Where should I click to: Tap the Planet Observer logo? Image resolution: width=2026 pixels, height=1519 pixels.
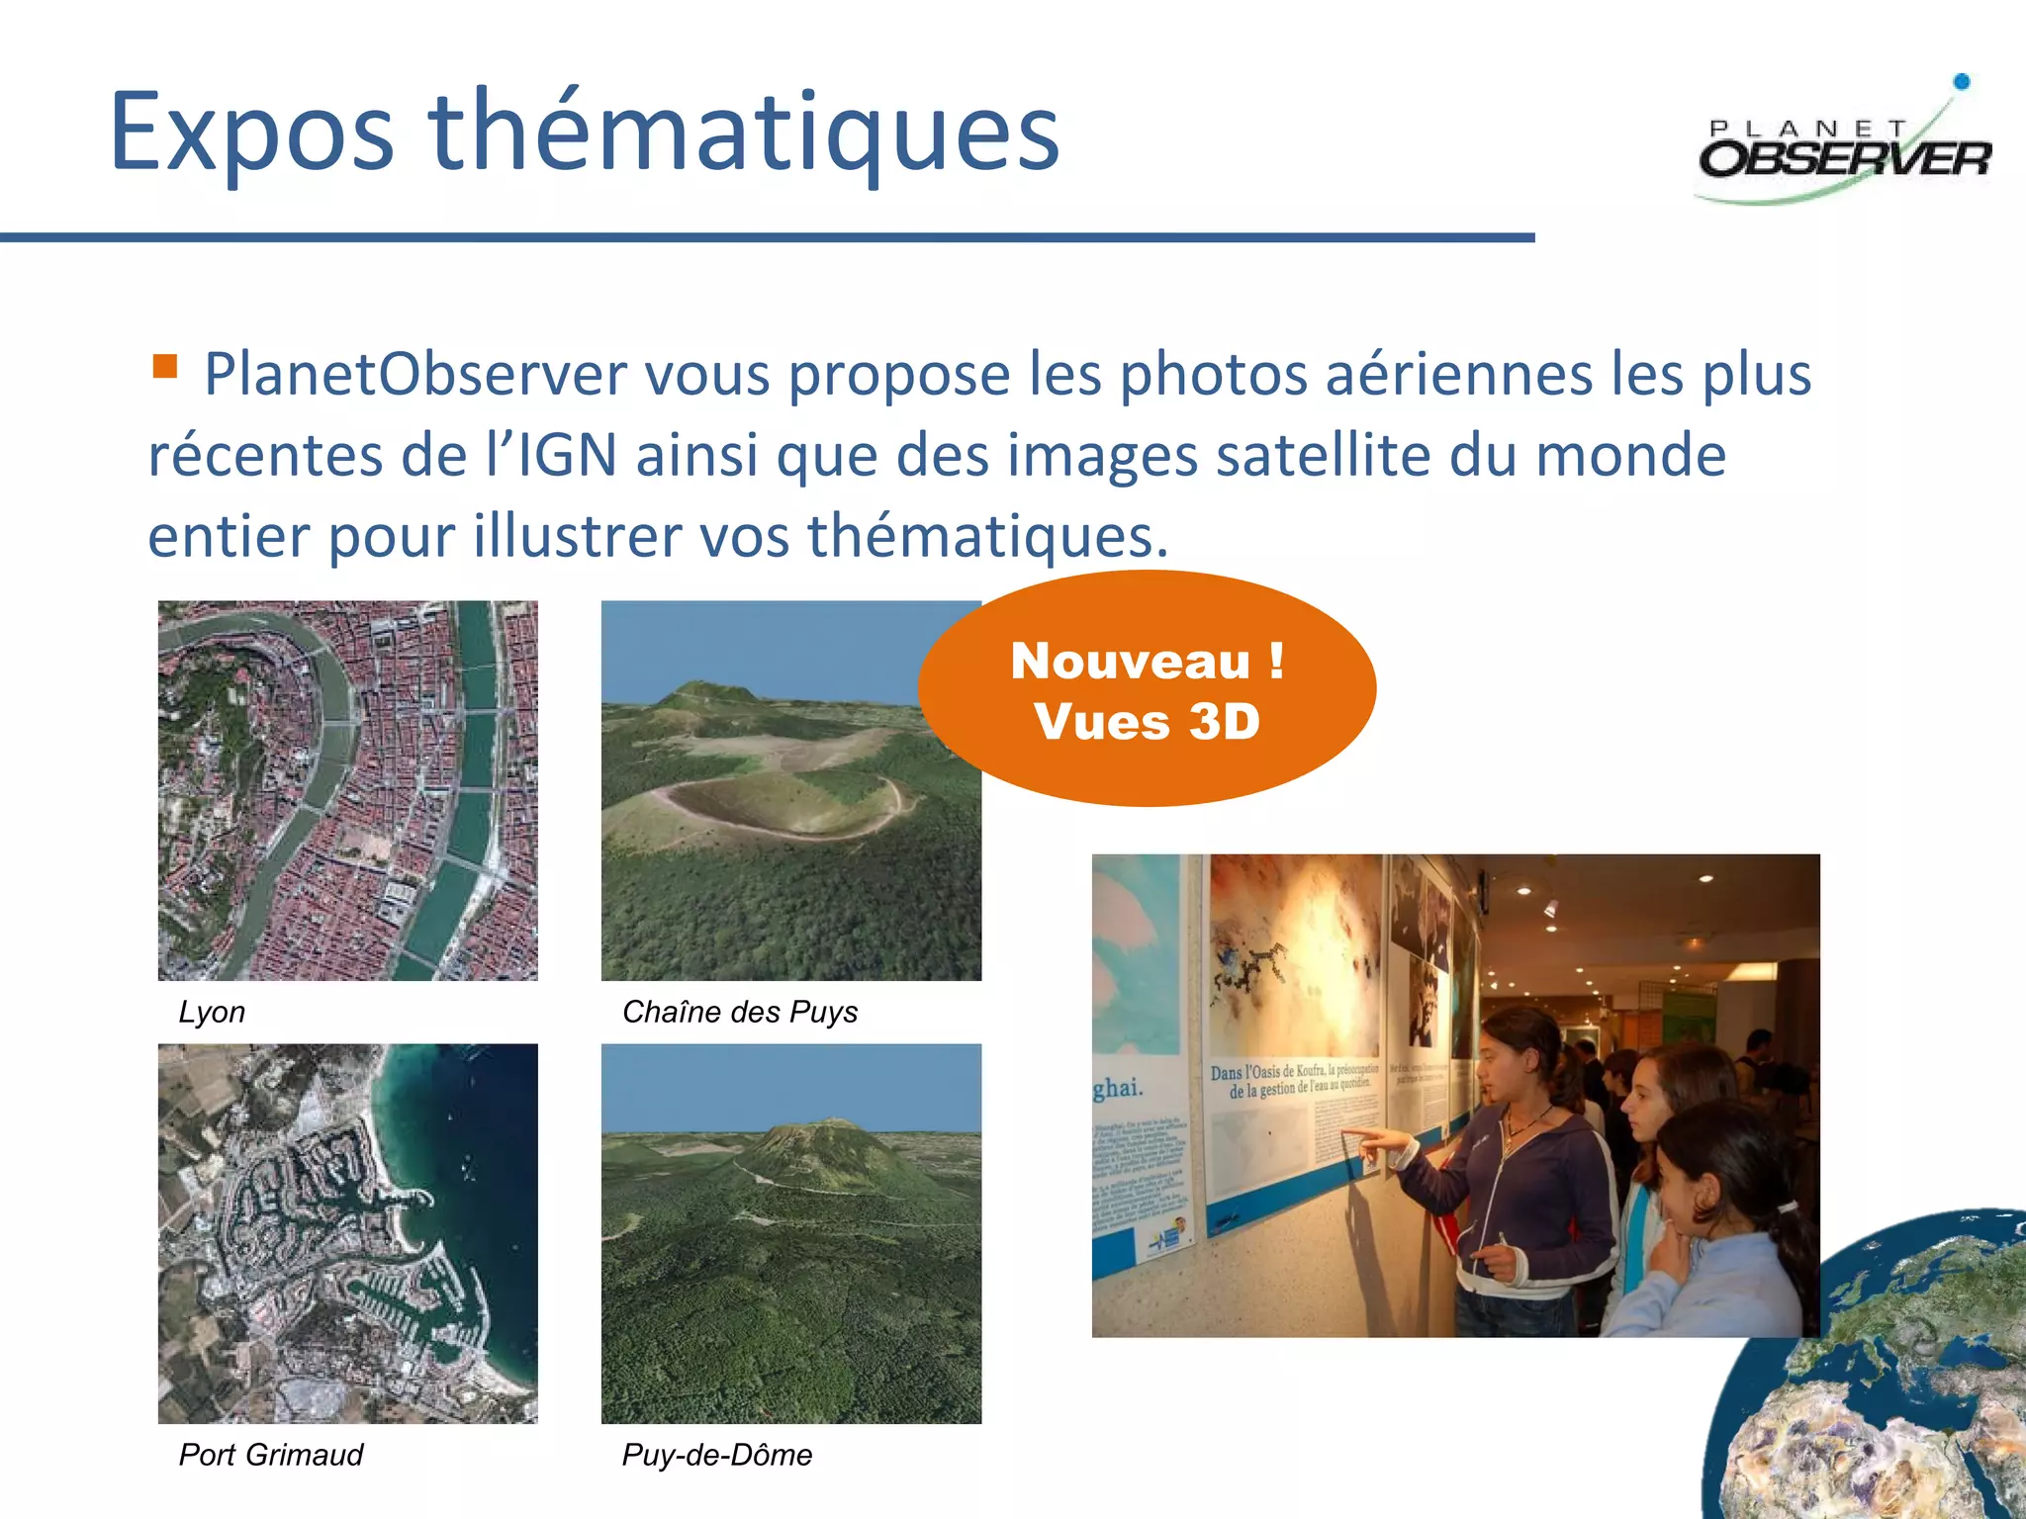tap(1845, 148)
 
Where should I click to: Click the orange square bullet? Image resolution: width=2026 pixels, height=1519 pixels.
tap(164, 367)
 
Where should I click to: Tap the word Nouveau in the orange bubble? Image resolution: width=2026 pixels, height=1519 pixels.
tap(1131, 661)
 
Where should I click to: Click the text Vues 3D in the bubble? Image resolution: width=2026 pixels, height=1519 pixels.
tap(1147, 721)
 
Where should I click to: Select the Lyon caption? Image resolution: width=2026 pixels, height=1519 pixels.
tap(212, 1012)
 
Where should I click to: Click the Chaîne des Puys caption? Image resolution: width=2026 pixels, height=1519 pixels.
tap(739, 1012)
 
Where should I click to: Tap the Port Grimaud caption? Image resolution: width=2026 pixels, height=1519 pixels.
tap(271, 1455)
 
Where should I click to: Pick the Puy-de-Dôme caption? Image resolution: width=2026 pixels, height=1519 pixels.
tap(716, 1455)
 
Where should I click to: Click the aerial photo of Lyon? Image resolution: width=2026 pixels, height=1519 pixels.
tap(348, 790)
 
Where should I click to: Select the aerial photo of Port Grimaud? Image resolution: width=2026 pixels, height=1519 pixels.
tap(348, 1233)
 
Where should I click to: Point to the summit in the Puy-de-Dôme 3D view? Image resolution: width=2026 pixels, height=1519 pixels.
tap(809, 1128)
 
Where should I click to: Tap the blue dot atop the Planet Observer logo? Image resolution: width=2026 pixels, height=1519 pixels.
tap(1962, 82)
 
